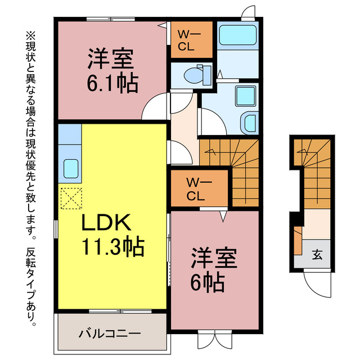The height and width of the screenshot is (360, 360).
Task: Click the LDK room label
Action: pyautogui.click(x=107, y=224)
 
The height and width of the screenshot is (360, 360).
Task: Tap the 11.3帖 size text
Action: pyautogui.click(x=112, y=246)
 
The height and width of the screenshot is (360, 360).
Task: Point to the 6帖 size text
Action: pyautogui.click(x=207, y=281)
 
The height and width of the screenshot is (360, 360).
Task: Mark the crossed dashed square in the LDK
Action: pyautogui.click(x=70, y=198)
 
